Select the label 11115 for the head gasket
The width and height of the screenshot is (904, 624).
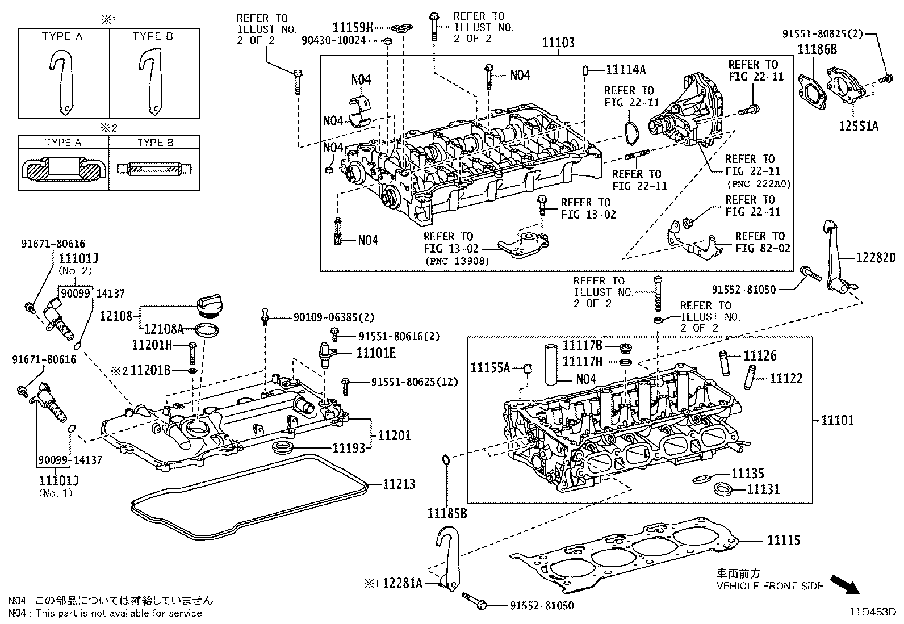coord(784,540)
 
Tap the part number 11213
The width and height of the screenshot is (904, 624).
coord(399,484)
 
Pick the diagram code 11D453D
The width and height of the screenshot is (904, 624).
coord(872,612)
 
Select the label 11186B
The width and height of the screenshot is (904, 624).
coord(817,49)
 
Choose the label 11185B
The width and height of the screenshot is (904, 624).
coord(447,514)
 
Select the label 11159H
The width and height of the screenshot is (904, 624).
coord(353,27)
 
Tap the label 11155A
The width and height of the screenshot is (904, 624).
coord(490,367)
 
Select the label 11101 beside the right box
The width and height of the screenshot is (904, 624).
coord(837,421)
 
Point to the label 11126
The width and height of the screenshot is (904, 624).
coord(760,356)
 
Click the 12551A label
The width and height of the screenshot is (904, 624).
coord(859,125)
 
